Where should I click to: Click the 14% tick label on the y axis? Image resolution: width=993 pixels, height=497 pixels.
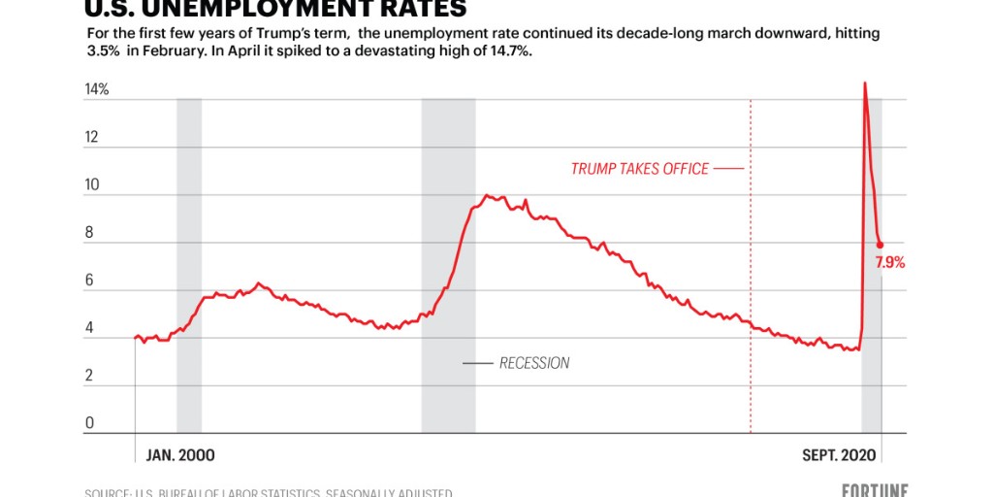[97, 90]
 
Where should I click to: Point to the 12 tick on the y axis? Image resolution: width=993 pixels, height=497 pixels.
[92, 138]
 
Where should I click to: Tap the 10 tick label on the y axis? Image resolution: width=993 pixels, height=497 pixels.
[92, 185]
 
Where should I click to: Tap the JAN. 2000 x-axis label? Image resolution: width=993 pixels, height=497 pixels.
[180, 455]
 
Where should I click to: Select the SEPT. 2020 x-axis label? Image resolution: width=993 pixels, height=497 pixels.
[839, 455]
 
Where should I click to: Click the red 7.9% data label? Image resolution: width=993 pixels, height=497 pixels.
[890, 262]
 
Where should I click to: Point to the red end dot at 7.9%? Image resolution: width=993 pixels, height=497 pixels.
[881, 246]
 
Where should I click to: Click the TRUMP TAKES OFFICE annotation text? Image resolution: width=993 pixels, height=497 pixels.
[640, 169]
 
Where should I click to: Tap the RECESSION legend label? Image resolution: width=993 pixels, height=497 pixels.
[534, 363]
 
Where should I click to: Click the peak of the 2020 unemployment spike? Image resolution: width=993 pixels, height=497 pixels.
[864, 83]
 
